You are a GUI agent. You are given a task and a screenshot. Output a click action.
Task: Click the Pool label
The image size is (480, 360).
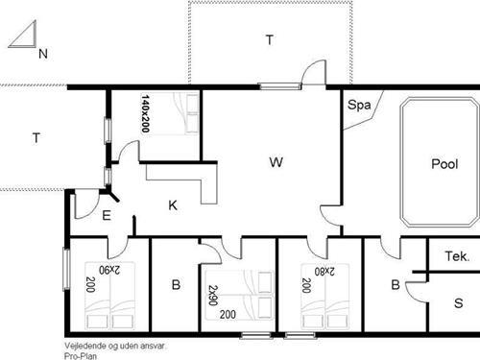point(444,164)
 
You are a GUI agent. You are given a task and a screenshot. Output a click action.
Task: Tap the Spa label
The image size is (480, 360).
point(359,105)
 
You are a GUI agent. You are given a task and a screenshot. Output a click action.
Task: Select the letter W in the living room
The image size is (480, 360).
point(276,162)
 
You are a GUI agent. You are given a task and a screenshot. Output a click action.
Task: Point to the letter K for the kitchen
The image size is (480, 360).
point(173,204)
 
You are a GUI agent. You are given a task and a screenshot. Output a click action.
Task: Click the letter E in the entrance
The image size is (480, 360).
point(107,216)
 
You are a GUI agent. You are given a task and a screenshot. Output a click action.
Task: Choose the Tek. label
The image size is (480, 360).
point(457,256)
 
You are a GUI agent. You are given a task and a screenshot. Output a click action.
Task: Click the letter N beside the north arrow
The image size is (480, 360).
point(42,55)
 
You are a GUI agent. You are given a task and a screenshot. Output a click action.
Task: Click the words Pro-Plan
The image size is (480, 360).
point(81,354)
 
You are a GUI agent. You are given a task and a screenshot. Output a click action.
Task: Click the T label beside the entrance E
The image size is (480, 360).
point(36,138)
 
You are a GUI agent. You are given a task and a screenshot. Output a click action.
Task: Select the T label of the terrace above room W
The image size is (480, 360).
point(269,39)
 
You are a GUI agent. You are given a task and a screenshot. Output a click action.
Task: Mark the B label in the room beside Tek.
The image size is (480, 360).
point(395,285)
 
